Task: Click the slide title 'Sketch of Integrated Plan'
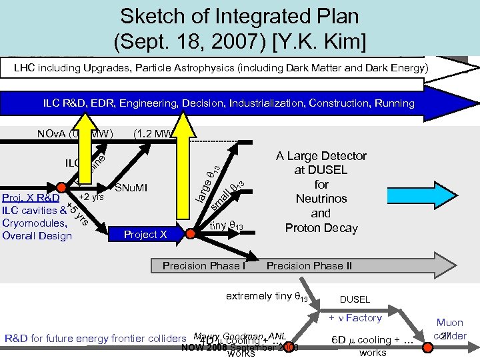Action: (x=239, y=16)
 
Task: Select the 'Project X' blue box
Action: (x=145, y=235)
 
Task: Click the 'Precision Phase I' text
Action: (x=204, y=266)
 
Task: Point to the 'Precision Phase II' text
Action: (x=309, y=266)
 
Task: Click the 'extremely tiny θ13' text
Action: (x=267, y=295)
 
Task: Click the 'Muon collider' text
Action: (x=451, y=329)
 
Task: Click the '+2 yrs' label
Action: (x=92, y=197)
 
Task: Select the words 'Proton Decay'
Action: (x=321, y=228)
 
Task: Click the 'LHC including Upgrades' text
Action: (x=80, y=68)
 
